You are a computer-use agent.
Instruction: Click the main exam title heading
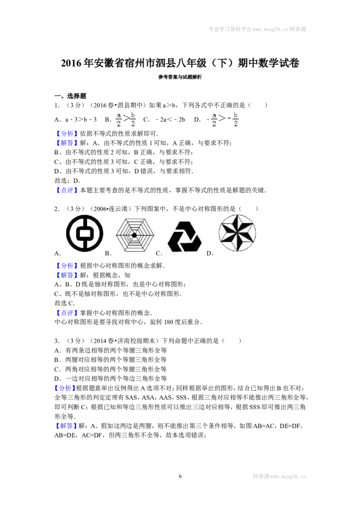click(x=180, y=63)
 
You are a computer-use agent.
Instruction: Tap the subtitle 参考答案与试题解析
click(x=180, y=77)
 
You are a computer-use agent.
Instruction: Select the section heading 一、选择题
click(x=70, y=96)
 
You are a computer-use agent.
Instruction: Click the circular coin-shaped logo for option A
click(x=85, y=233)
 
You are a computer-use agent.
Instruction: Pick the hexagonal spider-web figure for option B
click(x=135, y=235)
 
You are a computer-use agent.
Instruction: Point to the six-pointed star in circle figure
click(x=237, y=233)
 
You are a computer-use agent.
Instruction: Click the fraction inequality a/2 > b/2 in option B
click(x=126, y=120)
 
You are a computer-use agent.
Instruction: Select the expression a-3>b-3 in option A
click(x=81, y=120)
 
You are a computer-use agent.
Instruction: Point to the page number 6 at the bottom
click(x=180, y=476)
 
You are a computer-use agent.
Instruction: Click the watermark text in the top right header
click(x=257, y=29)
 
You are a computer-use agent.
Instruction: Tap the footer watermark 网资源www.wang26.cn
click(x=279, y=476)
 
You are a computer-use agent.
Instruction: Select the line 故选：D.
click(x=67, y=180)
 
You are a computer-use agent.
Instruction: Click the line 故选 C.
click(x=65, y=303)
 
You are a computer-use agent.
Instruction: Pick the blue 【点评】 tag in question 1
click(x=67, y=190)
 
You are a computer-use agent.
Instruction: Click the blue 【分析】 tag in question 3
click(x=65, y=388)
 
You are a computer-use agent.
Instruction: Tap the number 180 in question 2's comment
click(x=169, y=322)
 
